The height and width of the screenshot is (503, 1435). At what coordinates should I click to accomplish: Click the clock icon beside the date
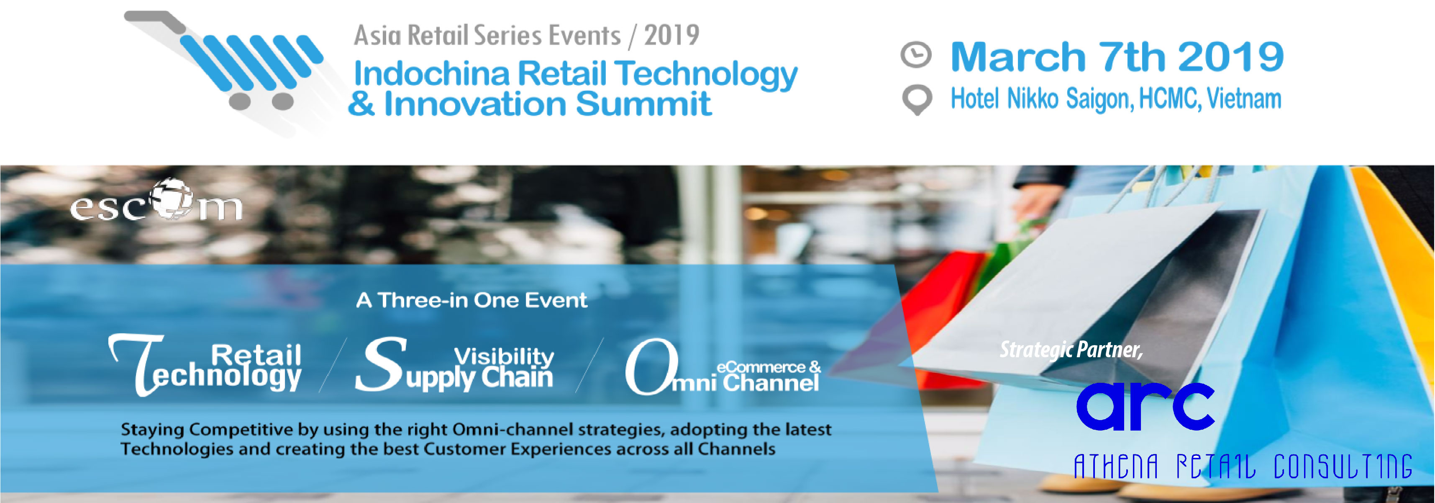(916, 54)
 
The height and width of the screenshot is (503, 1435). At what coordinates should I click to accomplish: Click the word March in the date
(1018, 57)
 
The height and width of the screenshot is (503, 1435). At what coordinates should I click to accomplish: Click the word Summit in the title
(643, 104)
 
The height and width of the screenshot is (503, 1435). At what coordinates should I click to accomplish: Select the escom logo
(156, 201)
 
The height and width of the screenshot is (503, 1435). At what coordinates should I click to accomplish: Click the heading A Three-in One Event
(471, 300)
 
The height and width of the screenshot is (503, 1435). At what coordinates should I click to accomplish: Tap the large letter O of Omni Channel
(651, 366)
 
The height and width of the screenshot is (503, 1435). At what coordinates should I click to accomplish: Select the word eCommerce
(761, 367)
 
